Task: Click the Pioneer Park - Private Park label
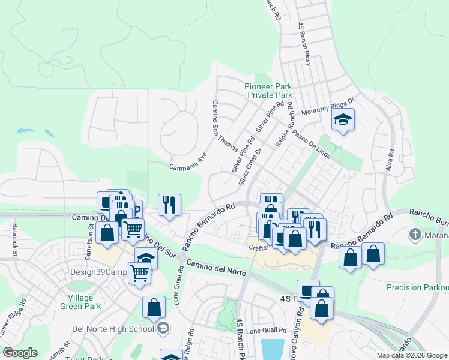pos(268,91)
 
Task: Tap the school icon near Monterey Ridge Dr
pos(343,120)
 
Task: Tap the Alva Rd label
pos(391,161)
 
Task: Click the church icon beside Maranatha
pos(414,234)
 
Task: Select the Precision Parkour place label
pos(417,287)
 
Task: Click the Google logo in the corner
pos(20,353)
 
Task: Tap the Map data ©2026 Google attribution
pos(411,355)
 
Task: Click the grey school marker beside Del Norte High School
pos(163,328)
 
